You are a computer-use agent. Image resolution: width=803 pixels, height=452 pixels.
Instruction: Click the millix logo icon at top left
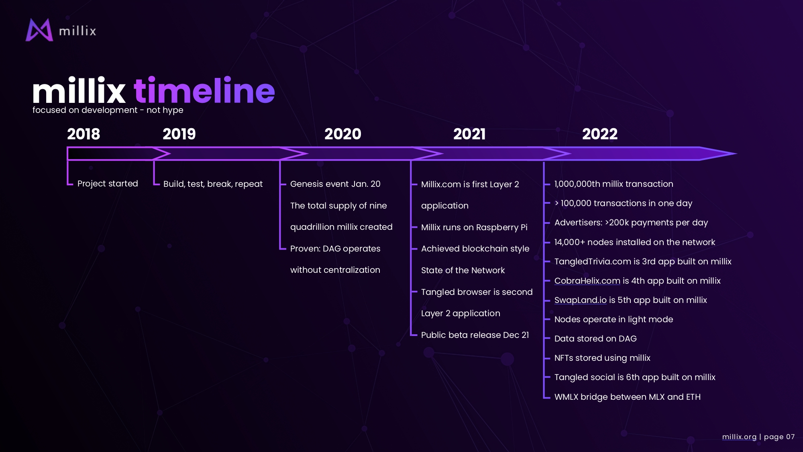coord(39,30)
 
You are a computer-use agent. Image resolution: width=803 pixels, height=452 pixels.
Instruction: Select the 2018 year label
coord(84,134)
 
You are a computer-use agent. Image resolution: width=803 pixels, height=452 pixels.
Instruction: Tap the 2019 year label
coord(179,134)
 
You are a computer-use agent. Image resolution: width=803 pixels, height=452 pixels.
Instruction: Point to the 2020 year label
coord(343,134)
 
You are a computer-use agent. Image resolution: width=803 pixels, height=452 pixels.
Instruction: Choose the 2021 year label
coord(469,134)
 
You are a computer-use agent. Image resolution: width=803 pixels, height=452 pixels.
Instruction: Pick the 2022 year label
coord(600,134)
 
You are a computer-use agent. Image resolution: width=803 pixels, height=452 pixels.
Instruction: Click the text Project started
coord(108,184)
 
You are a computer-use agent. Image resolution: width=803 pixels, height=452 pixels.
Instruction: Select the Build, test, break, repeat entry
coord(213,184)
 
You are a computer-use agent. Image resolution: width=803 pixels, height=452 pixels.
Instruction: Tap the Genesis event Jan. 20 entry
coord(335,184)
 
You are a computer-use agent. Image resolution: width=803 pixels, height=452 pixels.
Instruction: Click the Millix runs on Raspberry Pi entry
coord(474,227)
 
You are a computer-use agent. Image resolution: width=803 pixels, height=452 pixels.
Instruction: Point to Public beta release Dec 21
coord(475,335)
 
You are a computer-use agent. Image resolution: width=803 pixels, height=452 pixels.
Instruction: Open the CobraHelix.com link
coord(587,281)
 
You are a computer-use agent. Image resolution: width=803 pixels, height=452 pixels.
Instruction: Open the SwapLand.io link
coord(581,300)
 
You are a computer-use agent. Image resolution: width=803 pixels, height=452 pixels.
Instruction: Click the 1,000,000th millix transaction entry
coord(614,184)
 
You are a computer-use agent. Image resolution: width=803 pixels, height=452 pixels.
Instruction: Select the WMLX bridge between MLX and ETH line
coord(628,397)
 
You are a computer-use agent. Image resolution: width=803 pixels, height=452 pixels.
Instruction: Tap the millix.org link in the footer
coord(739,437)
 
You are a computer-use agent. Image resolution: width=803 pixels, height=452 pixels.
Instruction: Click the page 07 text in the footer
coord(779,437)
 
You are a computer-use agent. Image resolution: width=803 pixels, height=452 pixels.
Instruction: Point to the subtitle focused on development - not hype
coord(108,110)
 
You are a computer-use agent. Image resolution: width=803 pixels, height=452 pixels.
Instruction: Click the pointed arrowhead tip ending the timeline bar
coord(736,153)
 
